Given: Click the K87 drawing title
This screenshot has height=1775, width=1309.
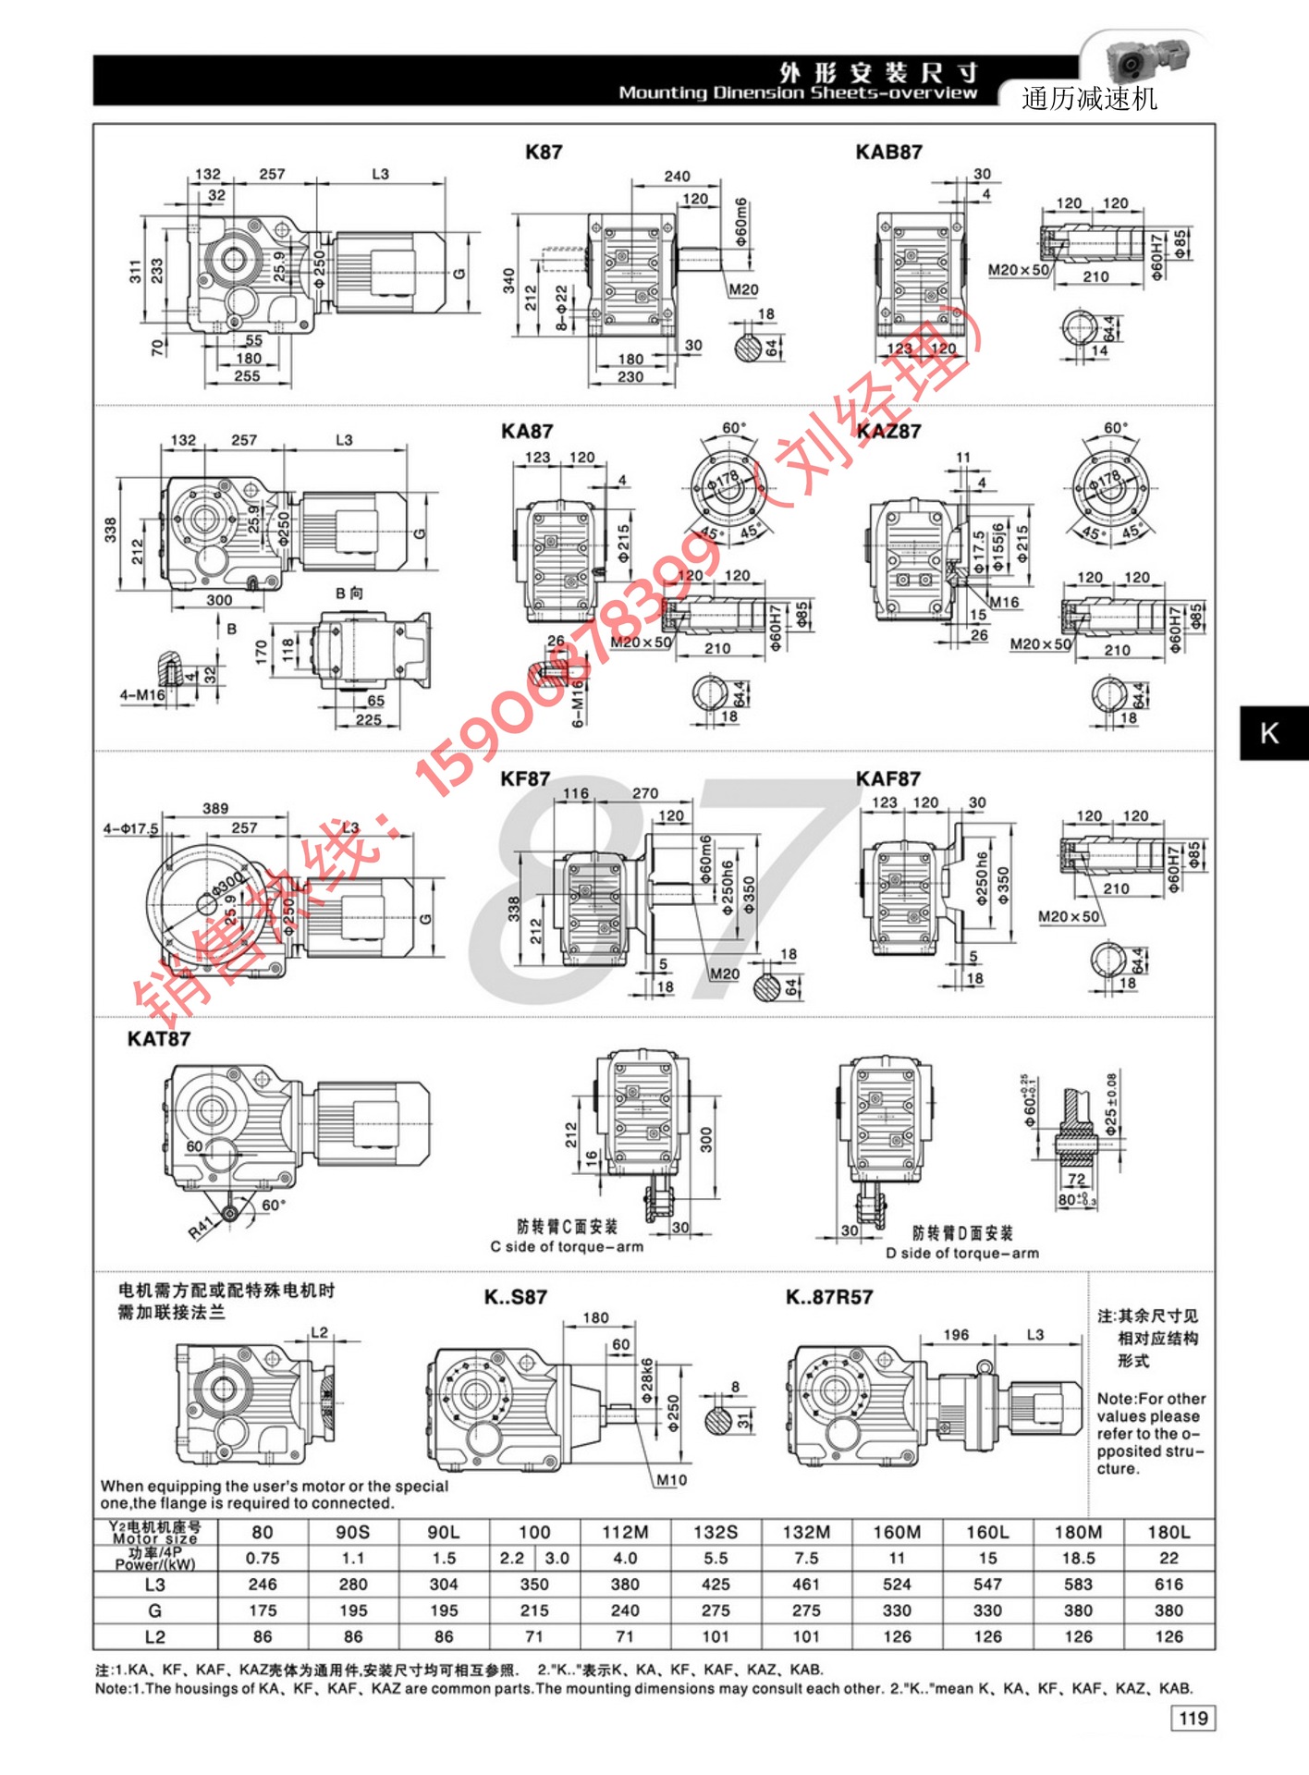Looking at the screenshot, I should tap(544, 153).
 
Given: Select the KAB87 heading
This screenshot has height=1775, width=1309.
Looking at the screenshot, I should tap(888, 153).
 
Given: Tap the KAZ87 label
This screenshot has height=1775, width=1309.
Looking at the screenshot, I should tap(888, 431).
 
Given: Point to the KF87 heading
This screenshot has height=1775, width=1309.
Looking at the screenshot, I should tap(525, 779).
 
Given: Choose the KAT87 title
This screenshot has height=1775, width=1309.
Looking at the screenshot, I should tap(159, 1039).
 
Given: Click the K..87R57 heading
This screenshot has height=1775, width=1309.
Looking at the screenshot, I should tap(829, 1297).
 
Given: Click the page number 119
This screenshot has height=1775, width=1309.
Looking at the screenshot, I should tap(1193, 1718).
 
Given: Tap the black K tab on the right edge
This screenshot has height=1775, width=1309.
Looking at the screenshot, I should tap(1271, 733).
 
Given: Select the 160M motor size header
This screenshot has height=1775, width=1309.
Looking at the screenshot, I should tap(897, 1532).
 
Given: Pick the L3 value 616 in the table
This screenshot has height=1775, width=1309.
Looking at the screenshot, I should tap(1168, 1584).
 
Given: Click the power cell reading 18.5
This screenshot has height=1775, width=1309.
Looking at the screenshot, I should tap(1078, 1558).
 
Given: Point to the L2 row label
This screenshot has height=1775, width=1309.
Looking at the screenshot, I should tap(155, 1636).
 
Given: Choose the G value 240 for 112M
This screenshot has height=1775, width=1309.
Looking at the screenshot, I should tap(625, 1610).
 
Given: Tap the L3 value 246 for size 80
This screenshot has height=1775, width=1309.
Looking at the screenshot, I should tap(263, 1584).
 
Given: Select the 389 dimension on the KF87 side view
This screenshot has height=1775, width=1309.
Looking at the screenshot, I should tap(215, 808).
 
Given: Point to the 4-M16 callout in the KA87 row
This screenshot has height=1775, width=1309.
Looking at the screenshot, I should tap(141, 695).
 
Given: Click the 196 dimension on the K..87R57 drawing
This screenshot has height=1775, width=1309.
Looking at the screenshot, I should tap(956, 1335).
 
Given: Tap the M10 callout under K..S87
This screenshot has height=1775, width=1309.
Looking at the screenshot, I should tap(671, 1480).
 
